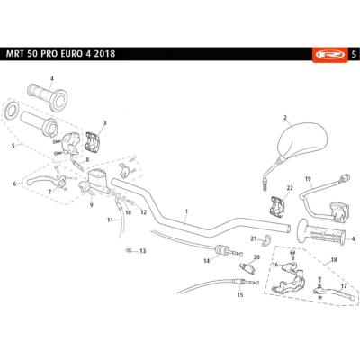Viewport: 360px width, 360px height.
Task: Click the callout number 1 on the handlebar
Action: (185, 212)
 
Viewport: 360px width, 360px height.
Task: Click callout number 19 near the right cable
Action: (308, 179)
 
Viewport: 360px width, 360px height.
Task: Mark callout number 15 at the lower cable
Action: (240, 294)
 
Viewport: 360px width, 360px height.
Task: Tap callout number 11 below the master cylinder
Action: (110, 219)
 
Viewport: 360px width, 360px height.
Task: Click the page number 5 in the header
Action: (353, 53)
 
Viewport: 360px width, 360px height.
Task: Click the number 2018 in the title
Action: (130, 54)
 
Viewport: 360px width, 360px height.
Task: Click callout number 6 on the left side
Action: (15, 184)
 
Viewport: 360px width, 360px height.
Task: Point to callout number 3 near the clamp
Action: (104, 122)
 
